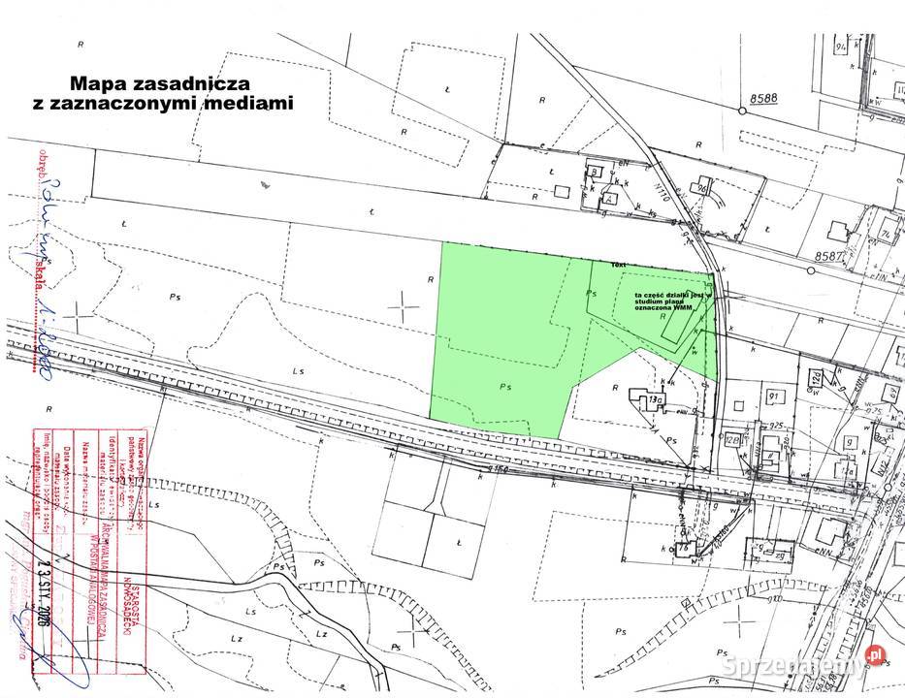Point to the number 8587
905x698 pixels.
(x=831, y=257)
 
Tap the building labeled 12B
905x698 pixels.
(x=733, y=439)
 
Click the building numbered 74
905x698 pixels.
(x=885, y=235)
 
